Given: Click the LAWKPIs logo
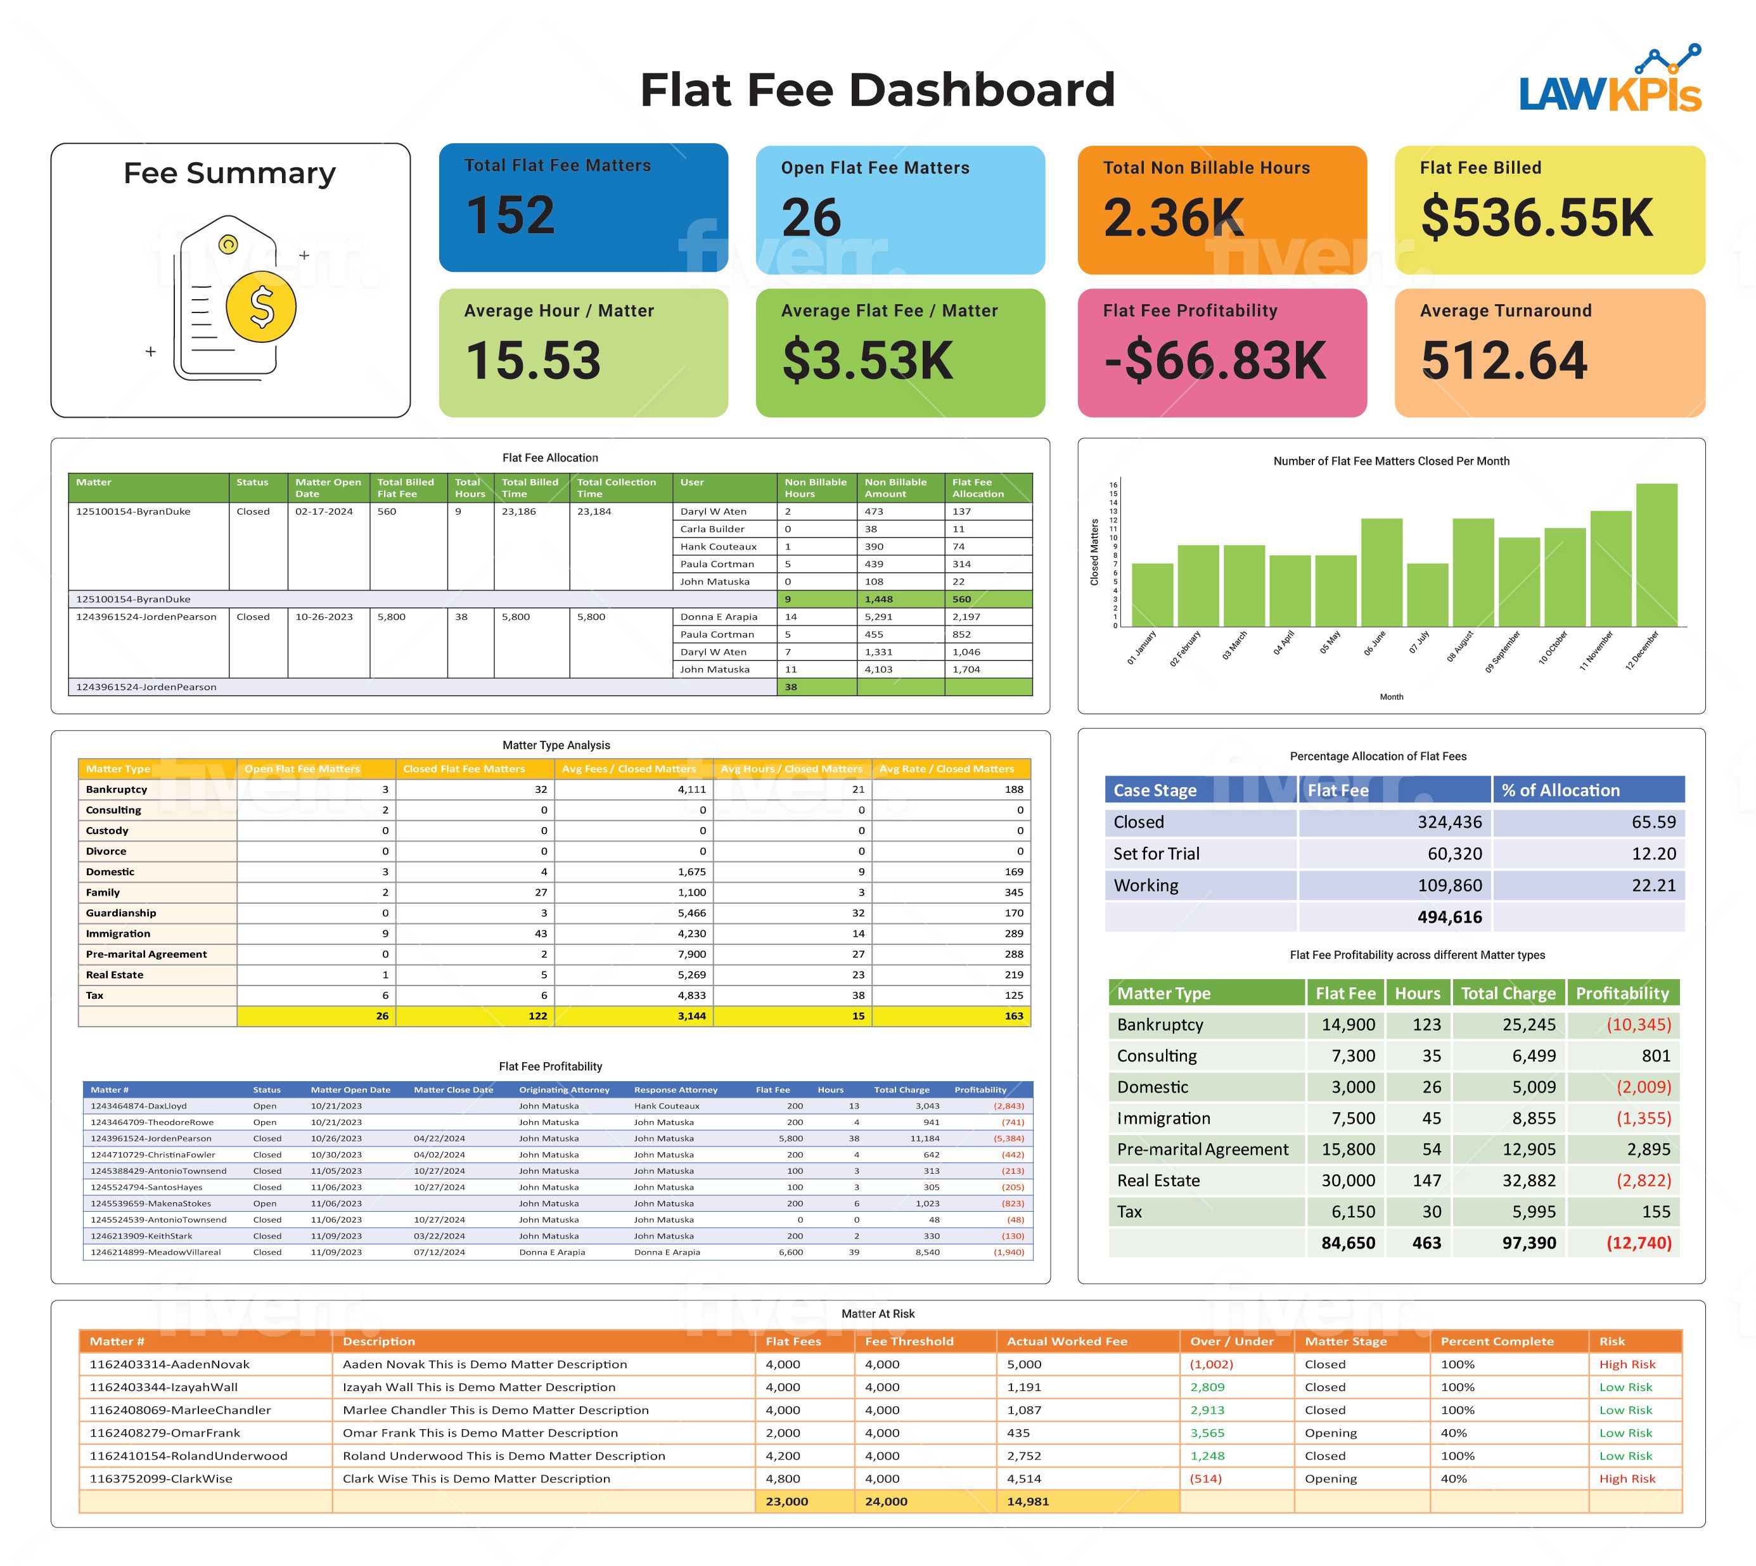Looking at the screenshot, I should (1610, 82).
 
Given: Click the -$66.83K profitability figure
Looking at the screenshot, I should (1215, 361).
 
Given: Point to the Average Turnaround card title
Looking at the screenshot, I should (1505, 311).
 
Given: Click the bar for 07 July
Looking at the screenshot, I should (1427, 594).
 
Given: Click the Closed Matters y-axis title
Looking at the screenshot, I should (1094, 553).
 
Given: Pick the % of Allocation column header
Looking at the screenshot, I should (1560, 790).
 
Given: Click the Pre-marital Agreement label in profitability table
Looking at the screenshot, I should (1202, 1150).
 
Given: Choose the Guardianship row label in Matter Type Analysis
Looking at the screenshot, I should (121, 913).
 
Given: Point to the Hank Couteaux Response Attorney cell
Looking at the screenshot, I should (666, 1106).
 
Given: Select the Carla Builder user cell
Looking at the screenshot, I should (712, 529).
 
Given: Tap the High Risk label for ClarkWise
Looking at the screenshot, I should (1626, 1479).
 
